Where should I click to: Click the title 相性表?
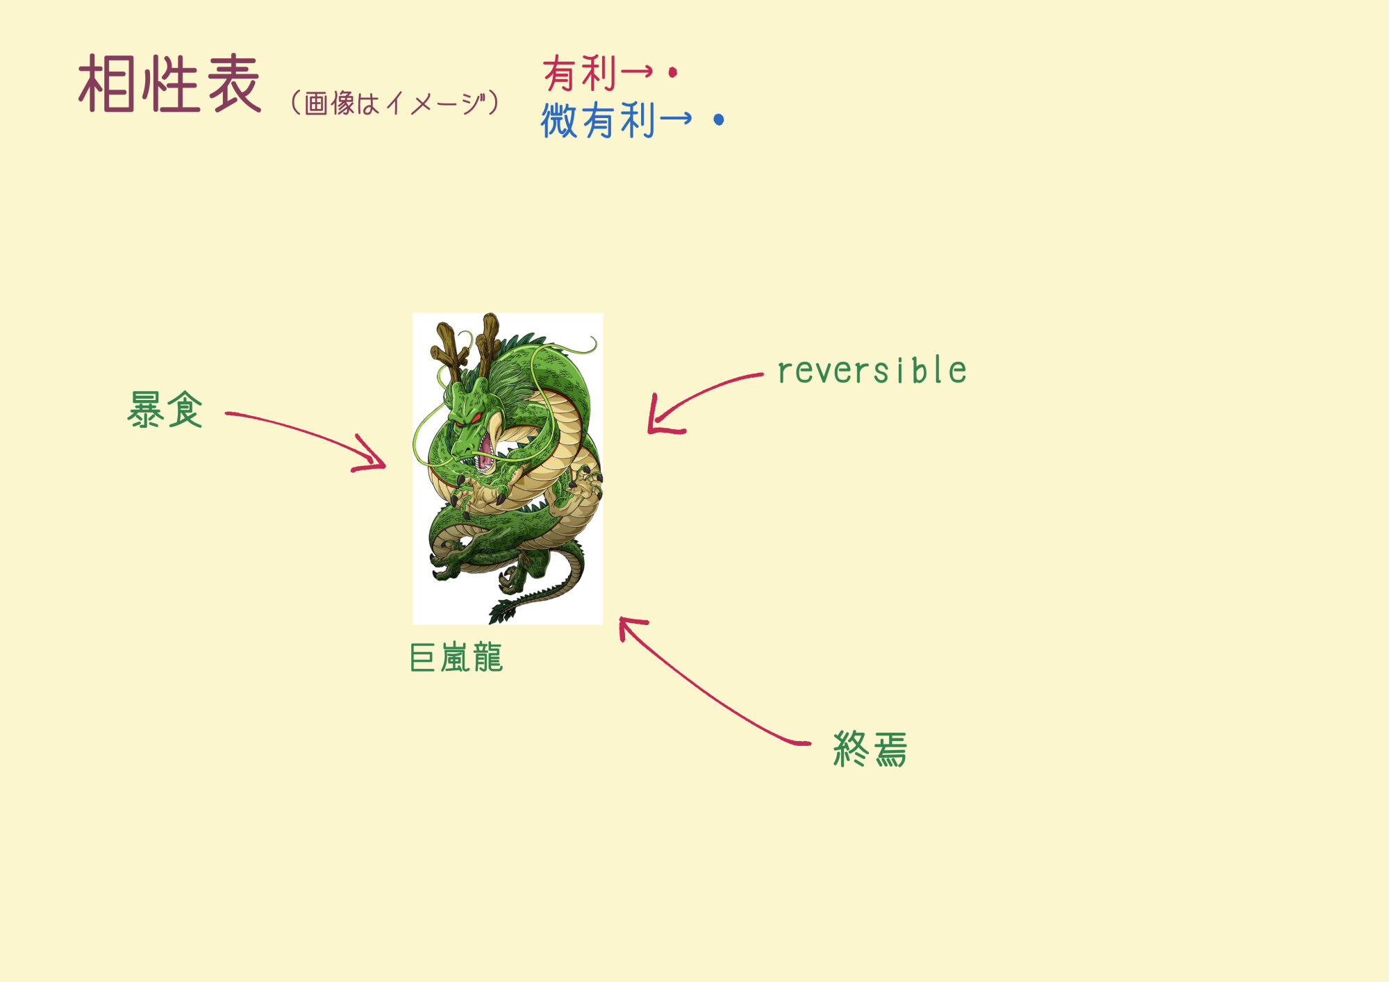(170, 84)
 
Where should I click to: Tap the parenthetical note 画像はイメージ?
(394, 103)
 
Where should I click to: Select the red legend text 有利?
(580, 74)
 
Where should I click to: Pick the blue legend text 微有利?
(598, 119)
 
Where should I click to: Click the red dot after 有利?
(672, 72)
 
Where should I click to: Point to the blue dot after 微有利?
(719, 119)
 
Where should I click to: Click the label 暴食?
(165, 409)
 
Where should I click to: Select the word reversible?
(872, 370)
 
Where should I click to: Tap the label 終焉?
(870, 749)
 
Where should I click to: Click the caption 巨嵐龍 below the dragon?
(456, 658)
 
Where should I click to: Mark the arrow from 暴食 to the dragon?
(306, 433)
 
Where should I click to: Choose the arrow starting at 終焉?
(701, 688)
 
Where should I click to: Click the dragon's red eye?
(476, 417)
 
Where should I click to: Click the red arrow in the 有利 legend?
(637, 71)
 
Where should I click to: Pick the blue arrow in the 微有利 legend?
(676, 118)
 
